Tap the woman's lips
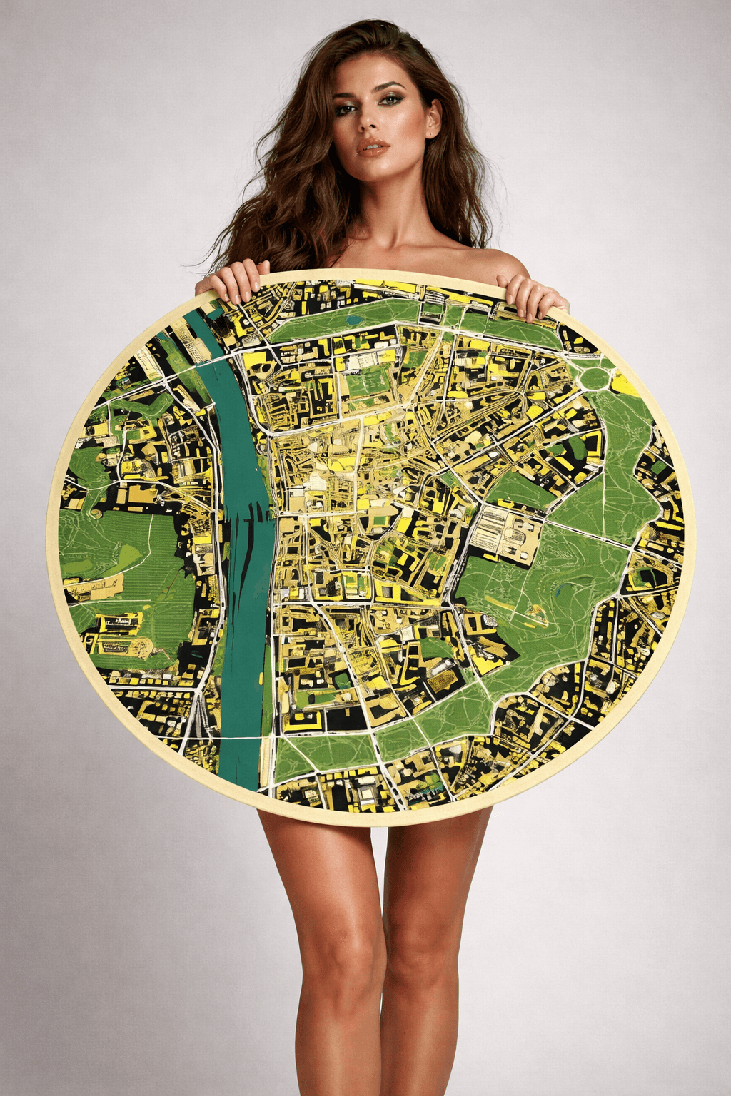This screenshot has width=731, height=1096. click(x=373, y=148)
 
